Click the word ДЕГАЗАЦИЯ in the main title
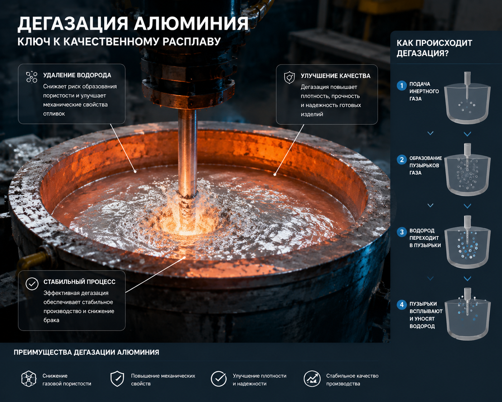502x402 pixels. [73, 24]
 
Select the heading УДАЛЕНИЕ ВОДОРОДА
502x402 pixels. [77, 75]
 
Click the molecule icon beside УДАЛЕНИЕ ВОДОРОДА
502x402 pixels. [32, 77]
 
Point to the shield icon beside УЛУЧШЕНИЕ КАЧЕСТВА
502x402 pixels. [289, 77]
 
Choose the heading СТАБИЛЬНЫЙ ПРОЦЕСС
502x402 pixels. [79, 282]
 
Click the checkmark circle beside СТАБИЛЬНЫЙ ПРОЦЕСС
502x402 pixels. [32, 284]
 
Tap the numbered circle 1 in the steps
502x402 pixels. [402, 85]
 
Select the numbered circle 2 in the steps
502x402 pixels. [402, 160]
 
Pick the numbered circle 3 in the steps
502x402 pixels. [402, 232]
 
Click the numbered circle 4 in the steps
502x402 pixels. [402, 305]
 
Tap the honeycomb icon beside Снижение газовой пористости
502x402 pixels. [29, 379]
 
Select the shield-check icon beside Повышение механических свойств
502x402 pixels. [117, 379]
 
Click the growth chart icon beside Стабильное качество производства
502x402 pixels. [312, 379]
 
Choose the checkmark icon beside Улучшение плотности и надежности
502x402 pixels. [218, 379]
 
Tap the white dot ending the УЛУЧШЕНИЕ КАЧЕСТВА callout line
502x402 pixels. [275, 174]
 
